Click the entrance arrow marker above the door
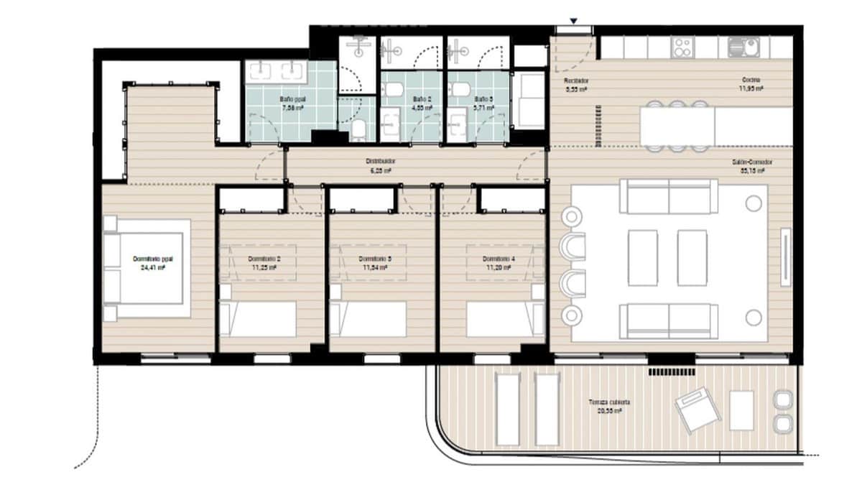pos(573,21)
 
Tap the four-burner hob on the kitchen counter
pos(682,47)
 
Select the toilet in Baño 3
pos(462,89)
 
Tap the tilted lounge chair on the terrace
pos(698,410)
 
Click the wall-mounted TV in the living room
pos(786,248)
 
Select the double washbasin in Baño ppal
pos(277,71)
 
